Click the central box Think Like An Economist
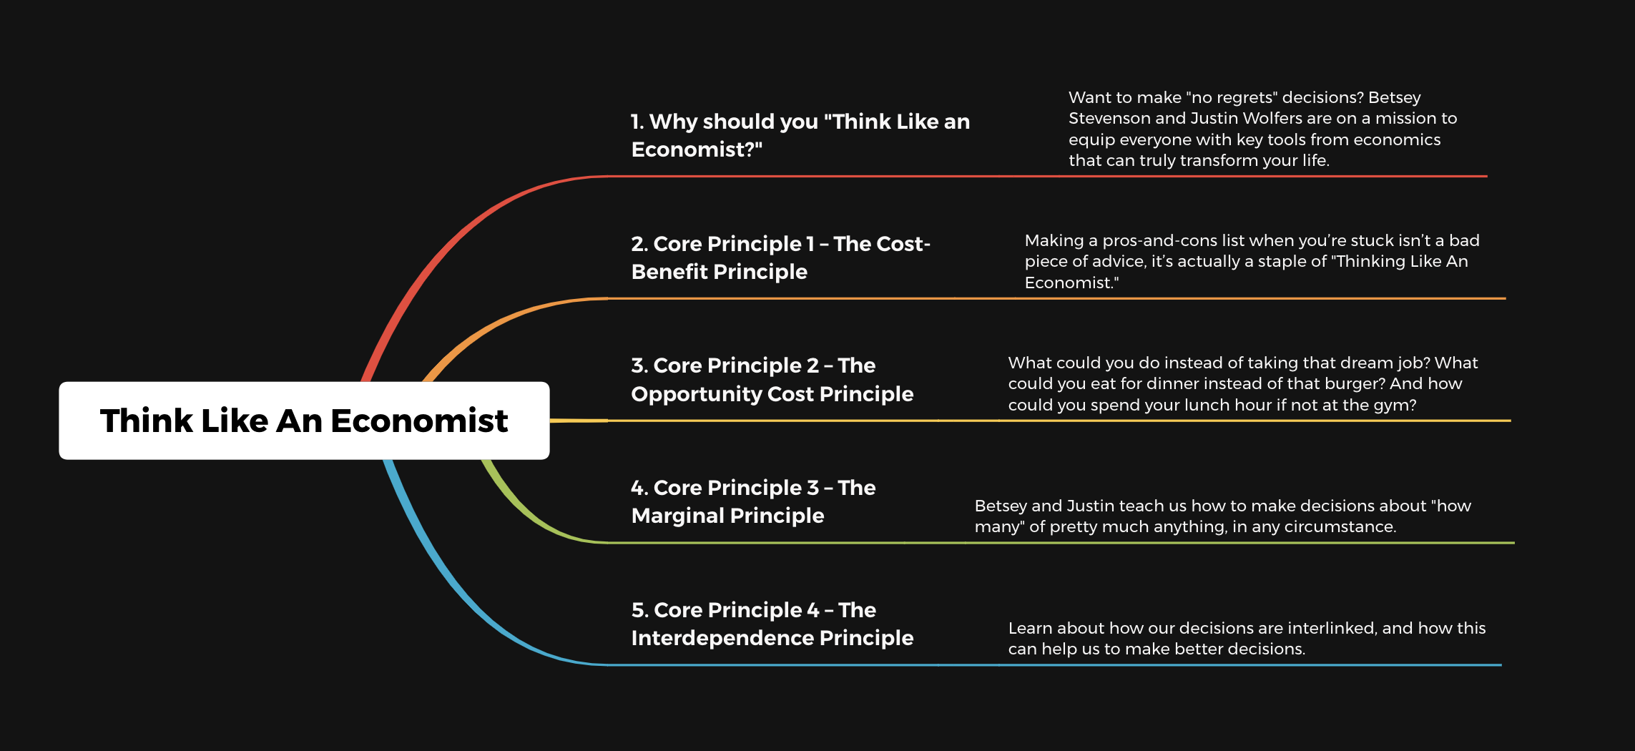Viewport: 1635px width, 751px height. [304, 421]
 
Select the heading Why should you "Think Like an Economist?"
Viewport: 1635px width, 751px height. [800, 135]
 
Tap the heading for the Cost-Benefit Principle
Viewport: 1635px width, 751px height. [780, 257]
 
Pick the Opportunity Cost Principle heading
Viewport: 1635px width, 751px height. [772, 380]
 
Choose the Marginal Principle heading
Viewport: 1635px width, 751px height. [753, 501]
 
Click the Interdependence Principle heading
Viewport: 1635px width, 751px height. [772, 624]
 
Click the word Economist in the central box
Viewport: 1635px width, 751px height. [419, 421]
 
